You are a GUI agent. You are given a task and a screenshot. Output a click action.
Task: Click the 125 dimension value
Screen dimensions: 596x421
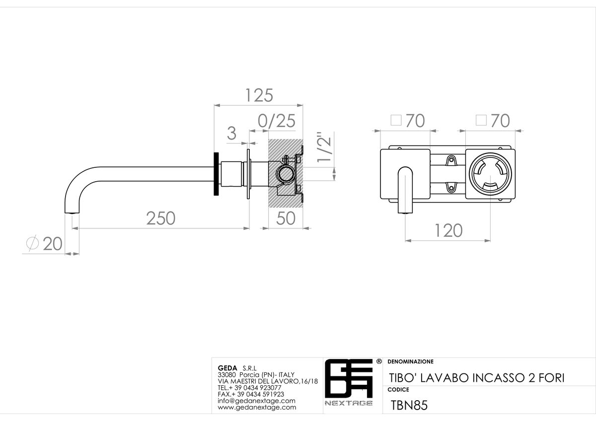259,95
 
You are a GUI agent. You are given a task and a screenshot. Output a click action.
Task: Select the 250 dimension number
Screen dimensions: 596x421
161,218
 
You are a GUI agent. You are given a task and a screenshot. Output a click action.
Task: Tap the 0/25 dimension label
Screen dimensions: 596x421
277,121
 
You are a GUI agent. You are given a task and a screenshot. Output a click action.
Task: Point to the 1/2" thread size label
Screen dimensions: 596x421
324,146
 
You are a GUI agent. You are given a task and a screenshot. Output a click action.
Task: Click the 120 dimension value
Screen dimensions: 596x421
448,230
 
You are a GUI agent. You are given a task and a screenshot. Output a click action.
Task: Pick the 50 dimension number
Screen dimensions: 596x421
286,218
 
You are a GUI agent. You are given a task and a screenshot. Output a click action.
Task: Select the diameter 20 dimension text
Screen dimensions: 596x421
44,243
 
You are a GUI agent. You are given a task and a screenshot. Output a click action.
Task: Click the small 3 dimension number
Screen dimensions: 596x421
231,133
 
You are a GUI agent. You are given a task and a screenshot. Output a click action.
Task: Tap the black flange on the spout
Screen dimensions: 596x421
217,174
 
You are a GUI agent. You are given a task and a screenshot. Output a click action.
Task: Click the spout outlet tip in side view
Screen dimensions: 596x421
72,212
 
